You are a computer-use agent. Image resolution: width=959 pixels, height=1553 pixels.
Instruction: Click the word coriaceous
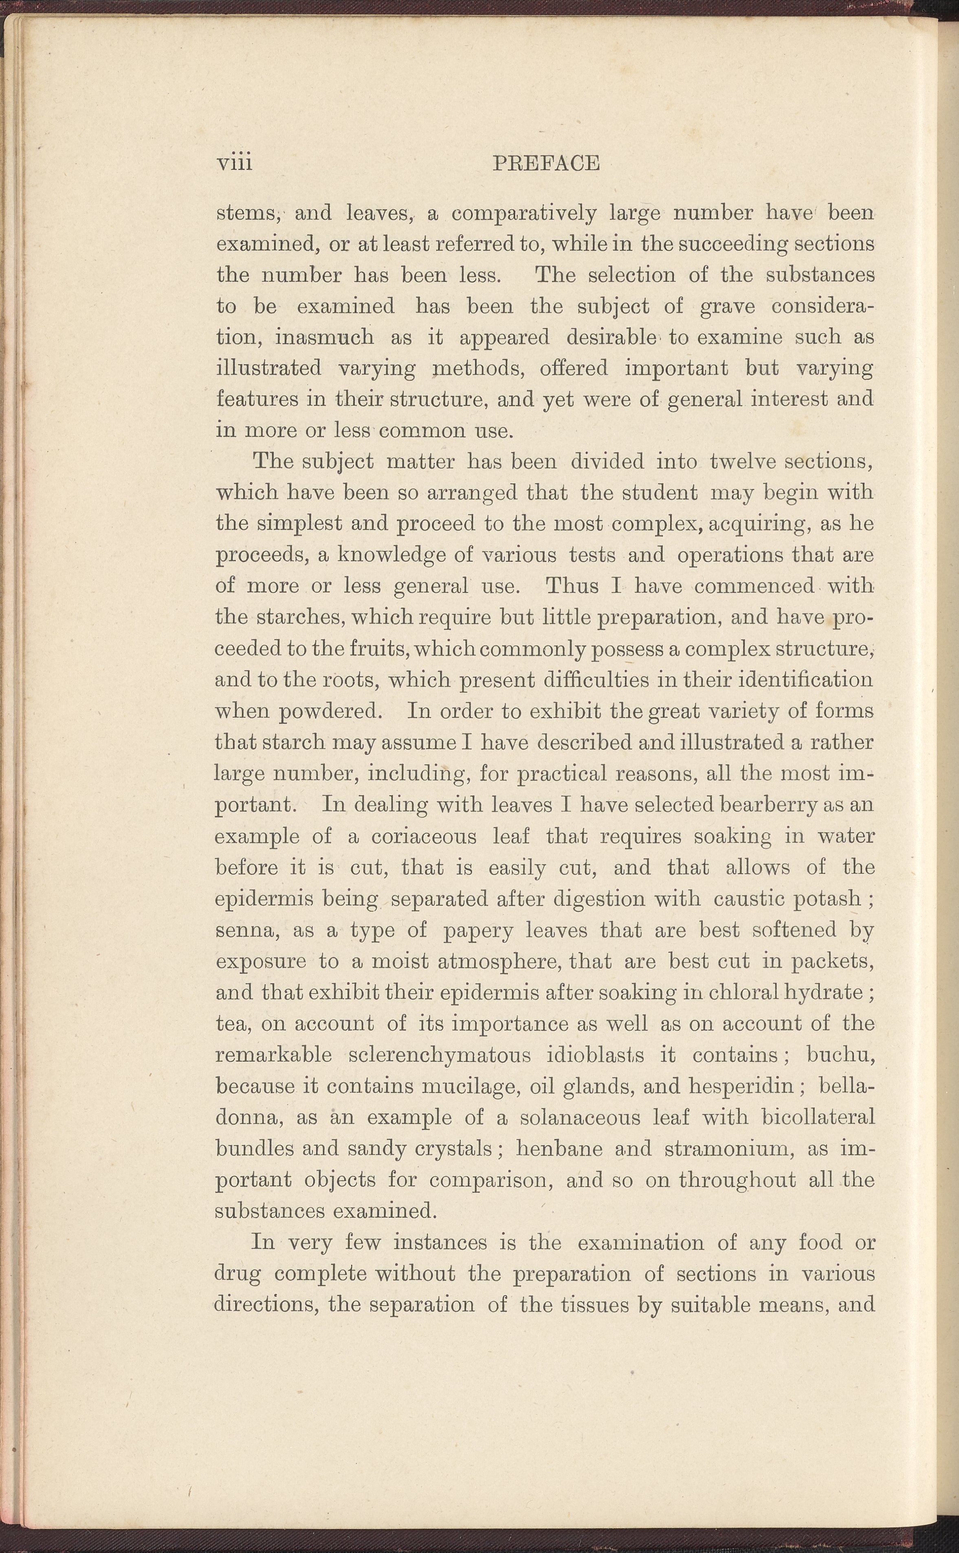pos(424,836)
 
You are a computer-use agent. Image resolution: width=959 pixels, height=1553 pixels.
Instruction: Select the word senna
pos(244,930)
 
